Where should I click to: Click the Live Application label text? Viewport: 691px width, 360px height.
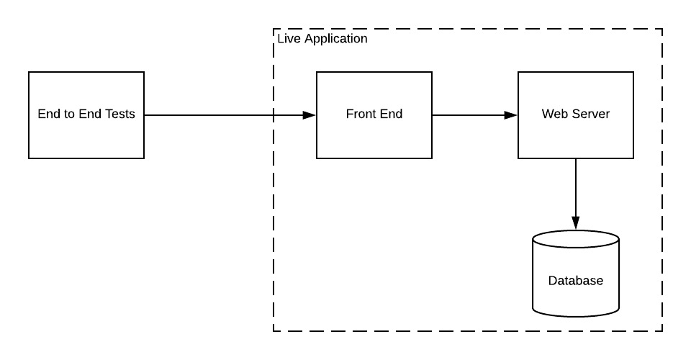[x=322, y=39]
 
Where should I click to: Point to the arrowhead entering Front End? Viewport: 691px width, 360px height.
[x=310, y=115]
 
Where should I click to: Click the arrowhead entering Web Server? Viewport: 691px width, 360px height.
[x=511, y=115]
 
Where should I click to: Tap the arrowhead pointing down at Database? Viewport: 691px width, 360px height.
[x=576, y=223]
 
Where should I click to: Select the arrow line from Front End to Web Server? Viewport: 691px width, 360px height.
[x=468, y=115]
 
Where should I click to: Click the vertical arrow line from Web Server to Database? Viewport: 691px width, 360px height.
[x=576, y=187]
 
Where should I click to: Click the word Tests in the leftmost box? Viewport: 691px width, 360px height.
[x=119, y=114]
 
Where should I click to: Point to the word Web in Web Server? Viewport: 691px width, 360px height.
[x=554, y=114]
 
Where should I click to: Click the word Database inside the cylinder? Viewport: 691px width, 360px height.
[x=576, y=281]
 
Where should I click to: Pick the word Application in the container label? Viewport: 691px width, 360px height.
[x=336, y=39]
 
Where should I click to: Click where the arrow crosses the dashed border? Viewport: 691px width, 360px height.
[x=274, y=115]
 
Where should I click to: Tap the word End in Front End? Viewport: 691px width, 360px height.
[x=392, y=114]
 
